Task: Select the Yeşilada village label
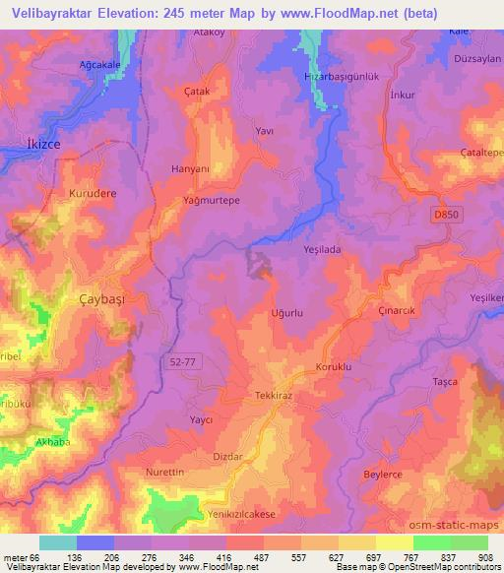pos(321,250)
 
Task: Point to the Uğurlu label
pos(286,313)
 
